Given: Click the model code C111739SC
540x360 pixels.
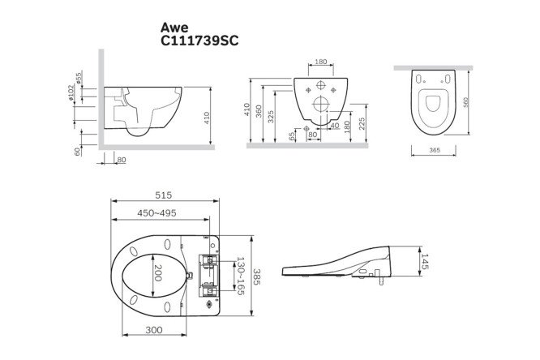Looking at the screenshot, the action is pyautogui.click(x=199, y=41).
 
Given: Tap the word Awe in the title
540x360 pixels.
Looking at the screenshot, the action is pyautogui.click(x=174, y=27).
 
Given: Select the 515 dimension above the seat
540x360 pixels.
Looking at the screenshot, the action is pyautogui.click(x=163, y=195).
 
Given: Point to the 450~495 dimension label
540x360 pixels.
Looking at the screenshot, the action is pyautogui.click(x=156, y=213).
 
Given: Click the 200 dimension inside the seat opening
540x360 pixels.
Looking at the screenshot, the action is pyautogui.click(x=158, y=273).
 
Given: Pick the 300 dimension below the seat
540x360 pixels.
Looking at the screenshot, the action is pyautogui.click(x=154, y=330).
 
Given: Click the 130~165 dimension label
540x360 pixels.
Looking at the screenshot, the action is pyautogui.click(x=240, y=276).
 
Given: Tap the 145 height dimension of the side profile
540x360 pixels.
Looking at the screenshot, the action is pyautogui.click(x=425, y=262).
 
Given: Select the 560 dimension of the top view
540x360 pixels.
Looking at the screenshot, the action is pyautogui.click(x=466, y=102).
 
